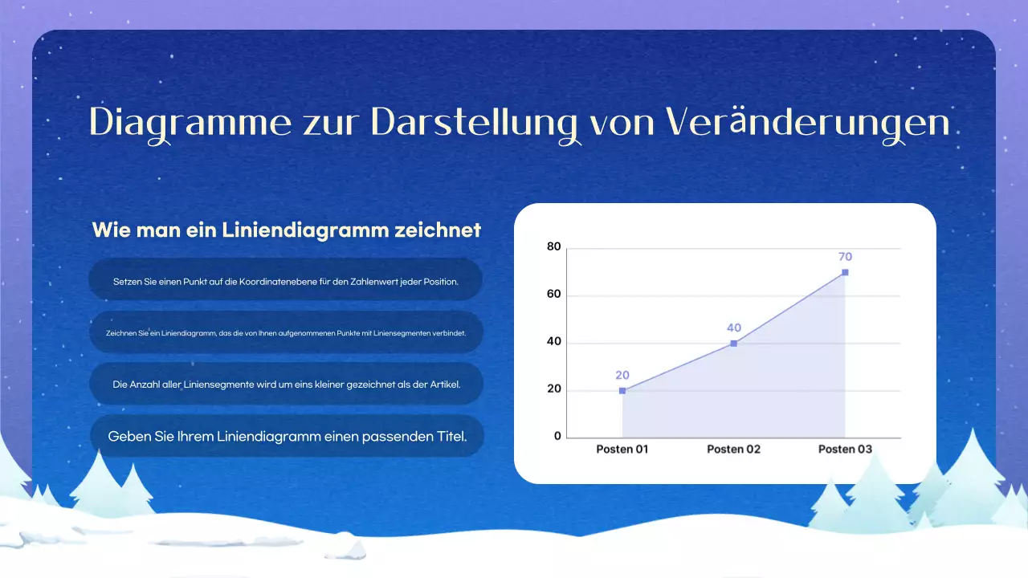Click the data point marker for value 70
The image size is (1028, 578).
(845, 272)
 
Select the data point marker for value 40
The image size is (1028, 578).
(733, 344)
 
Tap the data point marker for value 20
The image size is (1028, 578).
(622, 391)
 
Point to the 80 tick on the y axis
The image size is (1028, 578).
(553, 247)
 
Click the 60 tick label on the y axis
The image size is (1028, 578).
(553, 295)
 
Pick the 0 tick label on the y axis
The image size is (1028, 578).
(557, 437)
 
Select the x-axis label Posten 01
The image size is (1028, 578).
(622, 450)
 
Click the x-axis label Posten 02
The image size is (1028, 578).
(733, 450)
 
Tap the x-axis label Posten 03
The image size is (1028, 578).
(845, 450)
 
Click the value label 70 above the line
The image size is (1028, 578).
(845, 257)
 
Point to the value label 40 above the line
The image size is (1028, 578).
(733, 328)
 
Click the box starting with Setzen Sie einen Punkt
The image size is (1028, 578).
(286, 282)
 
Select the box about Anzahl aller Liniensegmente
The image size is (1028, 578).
(286, 385)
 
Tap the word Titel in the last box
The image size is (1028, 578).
(450, 437)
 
